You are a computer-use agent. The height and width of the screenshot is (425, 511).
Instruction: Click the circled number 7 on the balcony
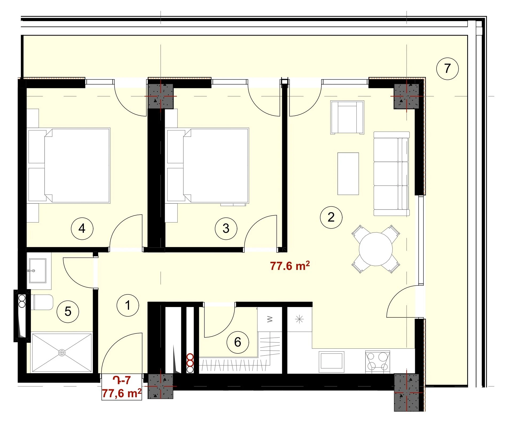[447, 69]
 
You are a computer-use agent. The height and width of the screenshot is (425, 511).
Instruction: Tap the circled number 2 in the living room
[331, 217]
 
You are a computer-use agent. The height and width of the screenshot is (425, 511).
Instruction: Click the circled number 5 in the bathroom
[68, 312]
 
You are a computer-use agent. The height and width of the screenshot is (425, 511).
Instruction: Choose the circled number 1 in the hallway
[128, 305]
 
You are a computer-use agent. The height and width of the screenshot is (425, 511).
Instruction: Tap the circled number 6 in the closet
[238, 342]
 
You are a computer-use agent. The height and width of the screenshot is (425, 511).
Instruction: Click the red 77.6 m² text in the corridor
[290, 266]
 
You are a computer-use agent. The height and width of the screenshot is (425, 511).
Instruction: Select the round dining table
[376, 249]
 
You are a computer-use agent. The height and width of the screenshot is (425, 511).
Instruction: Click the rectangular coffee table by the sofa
[348, 174]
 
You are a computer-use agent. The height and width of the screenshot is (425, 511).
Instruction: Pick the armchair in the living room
[347, 117]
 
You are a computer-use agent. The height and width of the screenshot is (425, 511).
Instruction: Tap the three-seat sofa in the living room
[391, 174]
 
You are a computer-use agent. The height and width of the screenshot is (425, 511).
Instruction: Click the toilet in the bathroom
[42, 302]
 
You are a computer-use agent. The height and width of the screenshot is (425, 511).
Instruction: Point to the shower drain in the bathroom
[62, 353]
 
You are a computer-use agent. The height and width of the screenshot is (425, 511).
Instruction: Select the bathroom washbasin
[38, 271]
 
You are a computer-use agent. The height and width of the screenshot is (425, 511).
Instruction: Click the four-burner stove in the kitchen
[378, 361]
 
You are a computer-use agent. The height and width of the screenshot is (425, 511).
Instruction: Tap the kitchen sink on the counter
[332, 361]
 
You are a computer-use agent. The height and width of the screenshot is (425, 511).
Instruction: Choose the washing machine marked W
[270, 319]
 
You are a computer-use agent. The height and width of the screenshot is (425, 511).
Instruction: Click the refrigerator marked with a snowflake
[299, 319]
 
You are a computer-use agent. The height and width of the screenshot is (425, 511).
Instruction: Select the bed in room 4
[69, 166]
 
